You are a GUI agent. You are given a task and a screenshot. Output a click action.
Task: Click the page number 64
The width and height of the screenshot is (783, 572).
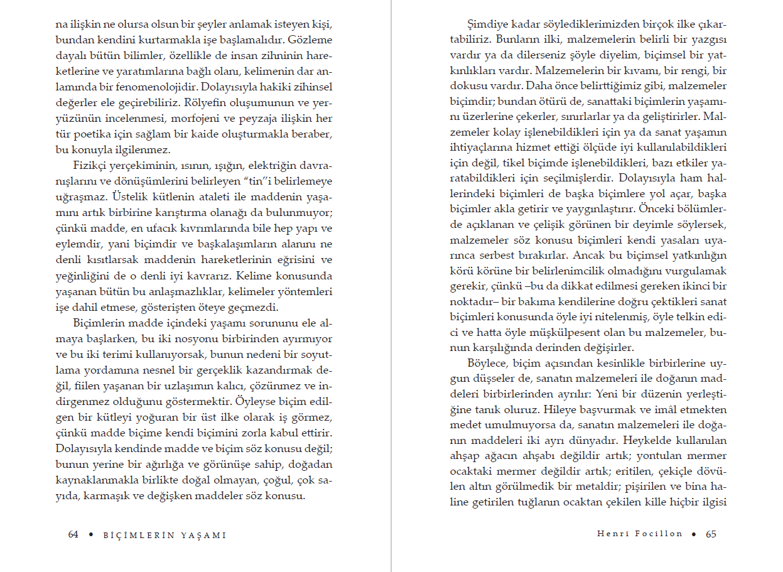73,535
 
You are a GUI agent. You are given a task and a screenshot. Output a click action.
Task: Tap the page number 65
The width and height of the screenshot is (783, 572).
711,534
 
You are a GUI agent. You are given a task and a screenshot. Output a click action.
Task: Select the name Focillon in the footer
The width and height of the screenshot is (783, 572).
658,534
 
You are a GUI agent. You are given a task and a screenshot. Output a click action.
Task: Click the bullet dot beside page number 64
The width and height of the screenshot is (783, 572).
91,535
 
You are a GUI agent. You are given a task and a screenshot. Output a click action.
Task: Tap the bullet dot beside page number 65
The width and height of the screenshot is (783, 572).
694,534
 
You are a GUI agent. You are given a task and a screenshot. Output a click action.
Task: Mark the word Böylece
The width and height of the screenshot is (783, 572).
488,364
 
